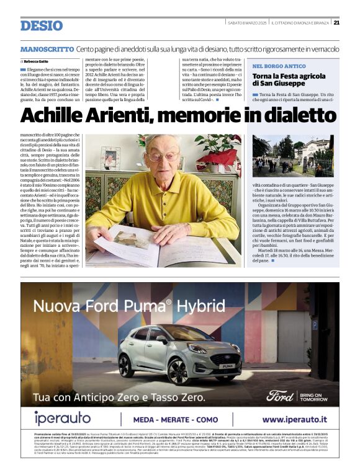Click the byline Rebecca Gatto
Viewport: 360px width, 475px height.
[x=38, y=62]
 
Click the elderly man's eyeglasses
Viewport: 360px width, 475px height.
[x=164, y=156]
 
